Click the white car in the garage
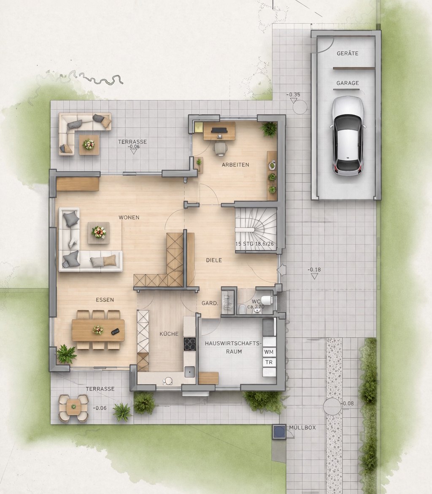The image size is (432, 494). pos(348,136)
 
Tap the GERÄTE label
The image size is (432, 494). pos(348,54)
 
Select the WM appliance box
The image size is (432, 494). pos(269,352)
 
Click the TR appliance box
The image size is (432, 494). pos(269,362)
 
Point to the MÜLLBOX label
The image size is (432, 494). pos(302,428)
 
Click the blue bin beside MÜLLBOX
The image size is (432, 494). pos(279,432)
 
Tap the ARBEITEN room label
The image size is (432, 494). pos(235,165)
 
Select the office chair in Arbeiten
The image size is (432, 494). pos(220,148)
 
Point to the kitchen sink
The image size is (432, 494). pos(190,372)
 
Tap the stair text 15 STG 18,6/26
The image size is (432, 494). pos(254,244)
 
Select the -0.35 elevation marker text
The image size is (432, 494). pos(293,95)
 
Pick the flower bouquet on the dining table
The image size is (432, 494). pos(98,330)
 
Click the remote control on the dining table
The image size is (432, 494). pos(115,331)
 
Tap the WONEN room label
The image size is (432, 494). pos(129,217)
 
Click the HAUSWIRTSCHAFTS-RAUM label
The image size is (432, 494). pos(234,347)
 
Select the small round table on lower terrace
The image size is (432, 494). pos(73,407)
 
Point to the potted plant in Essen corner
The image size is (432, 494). pos(66,354)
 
